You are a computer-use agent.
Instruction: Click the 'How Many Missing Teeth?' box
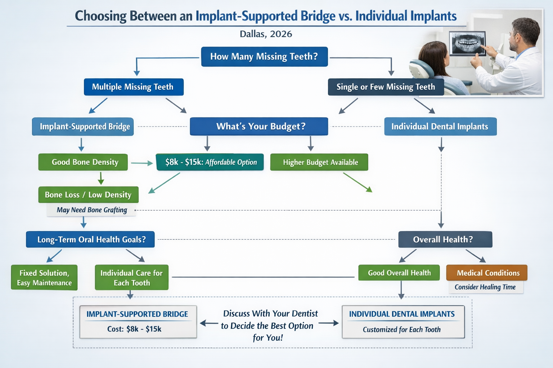pyautogui.click(x=264, y=56)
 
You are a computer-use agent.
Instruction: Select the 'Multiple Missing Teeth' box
pyautogui.click(x=134, y=87)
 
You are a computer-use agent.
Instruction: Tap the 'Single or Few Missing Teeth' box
pyautogui.click(x=386, y=87)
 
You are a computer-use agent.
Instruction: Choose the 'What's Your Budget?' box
pyautogui.click(x=259, y=126)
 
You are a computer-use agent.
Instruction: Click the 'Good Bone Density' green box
pyautogui.click(x=83, y=162)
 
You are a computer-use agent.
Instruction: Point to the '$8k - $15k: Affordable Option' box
pyautogui.click(x=210, y=162)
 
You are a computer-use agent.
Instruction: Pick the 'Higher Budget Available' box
pyautogui.click(x=319, y=162)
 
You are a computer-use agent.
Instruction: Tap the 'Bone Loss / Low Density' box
pyautogui.click(x=88, y=195)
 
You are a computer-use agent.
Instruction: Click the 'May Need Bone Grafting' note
pyautogui.click(x=92, y=210)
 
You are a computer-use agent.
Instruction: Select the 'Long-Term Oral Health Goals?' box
pyautogui.click(x=90, y=240)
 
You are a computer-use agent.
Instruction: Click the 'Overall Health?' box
pyautogui.click(x=445, y=240)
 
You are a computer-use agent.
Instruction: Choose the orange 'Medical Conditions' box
pyautogui.click(x=487, y=273)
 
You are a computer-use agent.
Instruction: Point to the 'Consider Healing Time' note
pyautogui.click(x=485, y=287)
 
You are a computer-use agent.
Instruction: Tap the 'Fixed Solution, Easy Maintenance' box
pyautogui.click(x=44, y=278)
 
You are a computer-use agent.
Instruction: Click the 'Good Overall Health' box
pyautogui.click(x=399, y=273)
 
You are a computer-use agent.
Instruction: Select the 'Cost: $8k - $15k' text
pyautogui.click(x=134, y=329)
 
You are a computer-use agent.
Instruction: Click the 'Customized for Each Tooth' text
pyautogui.click(x=402, y=330)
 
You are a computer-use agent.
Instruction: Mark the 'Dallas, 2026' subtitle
pyautogui.click(x=266, y=34)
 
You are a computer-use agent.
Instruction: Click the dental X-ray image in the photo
pyautogui.click(x=467, y=43)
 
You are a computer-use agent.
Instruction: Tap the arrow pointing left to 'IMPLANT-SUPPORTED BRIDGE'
pyautogui.click(x=209, y=323)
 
